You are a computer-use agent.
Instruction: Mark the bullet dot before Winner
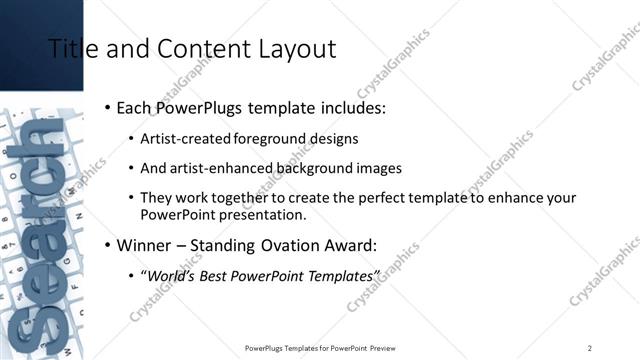click(x=107, y=244)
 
